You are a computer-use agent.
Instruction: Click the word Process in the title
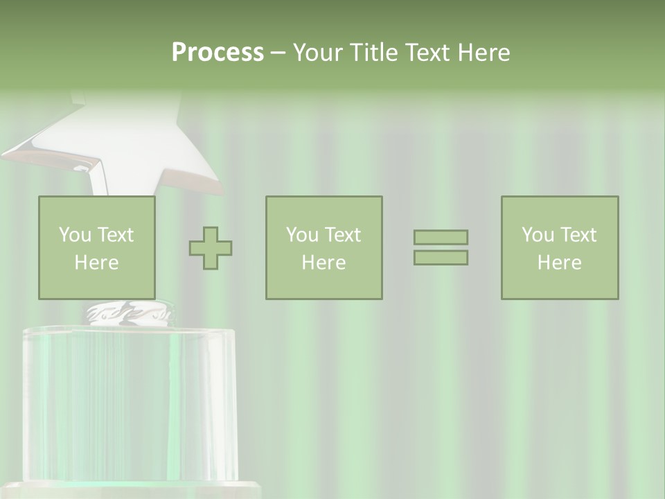click(x=218, y=53)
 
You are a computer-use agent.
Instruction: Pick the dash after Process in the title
click(x=278, y=53)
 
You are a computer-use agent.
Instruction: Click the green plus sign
click(x=211, y=248)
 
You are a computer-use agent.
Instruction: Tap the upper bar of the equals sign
click(x=441, y=237)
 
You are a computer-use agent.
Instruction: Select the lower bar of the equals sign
click(x=441, y=258)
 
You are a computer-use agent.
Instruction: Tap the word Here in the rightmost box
click(x=560, y=263)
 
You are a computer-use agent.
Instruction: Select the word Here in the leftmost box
click(x=97, y=263)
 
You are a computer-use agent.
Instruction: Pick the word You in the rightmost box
click(x=538, y=235)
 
